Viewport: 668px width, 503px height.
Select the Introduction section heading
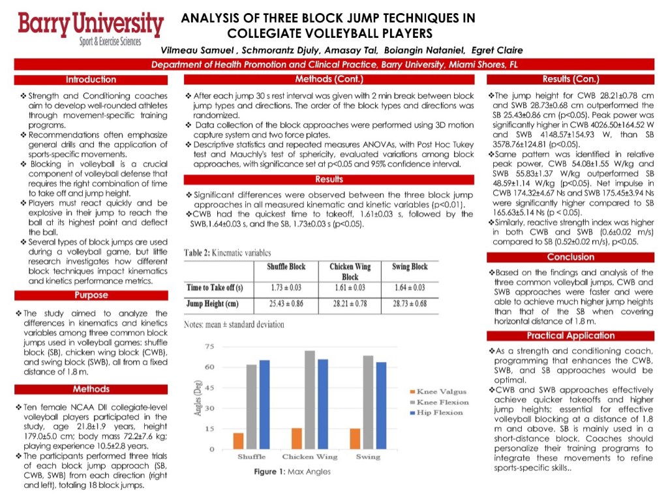[91, 80]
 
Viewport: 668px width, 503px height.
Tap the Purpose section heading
[91, 295]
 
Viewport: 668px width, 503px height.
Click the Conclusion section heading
[571, 257]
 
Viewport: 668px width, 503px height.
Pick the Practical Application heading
[571, 336]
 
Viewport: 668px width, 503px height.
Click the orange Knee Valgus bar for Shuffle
[239, 441]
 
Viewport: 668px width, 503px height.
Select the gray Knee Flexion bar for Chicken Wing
[310, 400]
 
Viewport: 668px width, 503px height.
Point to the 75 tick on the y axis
[210, 346]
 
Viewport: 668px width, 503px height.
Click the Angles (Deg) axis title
[197, 398]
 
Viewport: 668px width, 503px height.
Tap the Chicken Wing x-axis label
[310, 457]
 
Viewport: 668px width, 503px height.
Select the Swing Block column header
[410, 267]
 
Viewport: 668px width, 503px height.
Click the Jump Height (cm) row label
[213, 304]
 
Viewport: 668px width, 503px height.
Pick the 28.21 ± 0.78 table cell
[350, 304]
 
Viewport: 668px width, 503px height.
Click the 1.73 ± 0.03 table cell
[285, 288]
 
